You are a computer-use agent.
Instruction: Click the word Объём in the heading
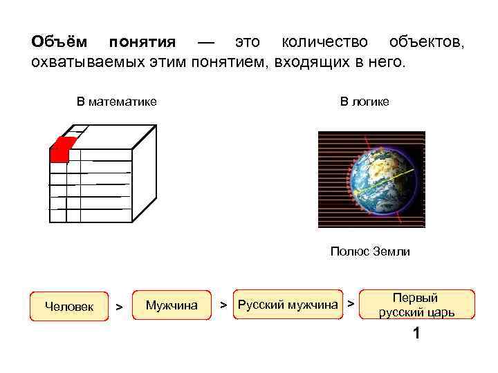coord(59,42)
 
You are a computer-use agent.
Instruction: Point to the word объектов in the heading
coord(426,42)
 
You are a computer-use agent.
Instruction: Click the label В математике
coord(117,102)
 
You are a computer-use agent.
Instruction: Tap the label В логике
coord(365,102)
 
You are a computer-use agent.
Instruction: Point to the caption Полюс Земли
coord(370,251)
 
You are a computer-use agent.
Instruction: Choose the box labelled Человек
coord(69,306)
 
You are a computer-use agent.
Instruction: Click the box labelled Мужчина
coord(172,305)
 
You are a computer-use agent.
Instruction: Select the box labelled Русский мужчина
coord(288,305)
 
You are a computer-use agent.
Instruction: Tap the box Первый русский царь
coord(416,305)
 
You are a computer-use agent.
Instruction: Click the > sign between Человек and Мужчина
coord(119,306)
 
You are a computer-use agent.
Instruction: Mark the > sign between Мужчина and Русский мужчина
coord(223,305)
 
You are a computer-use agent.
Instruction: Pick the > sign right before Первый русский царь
coord(351,303)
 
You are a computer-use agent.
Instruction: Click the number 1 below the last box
coord(416,334)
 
